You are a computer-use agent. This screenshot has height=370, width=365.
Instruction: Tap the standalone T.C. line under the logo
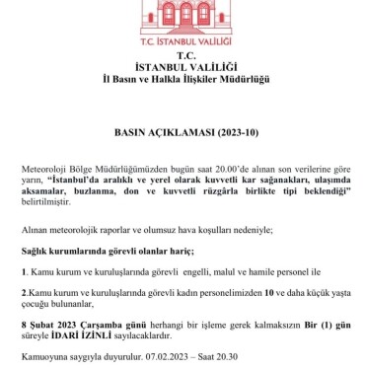[x=182, y=57]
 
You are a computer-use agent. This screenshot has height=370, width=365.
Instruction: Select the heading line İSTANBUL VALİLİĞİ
[x=182, y=68]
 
